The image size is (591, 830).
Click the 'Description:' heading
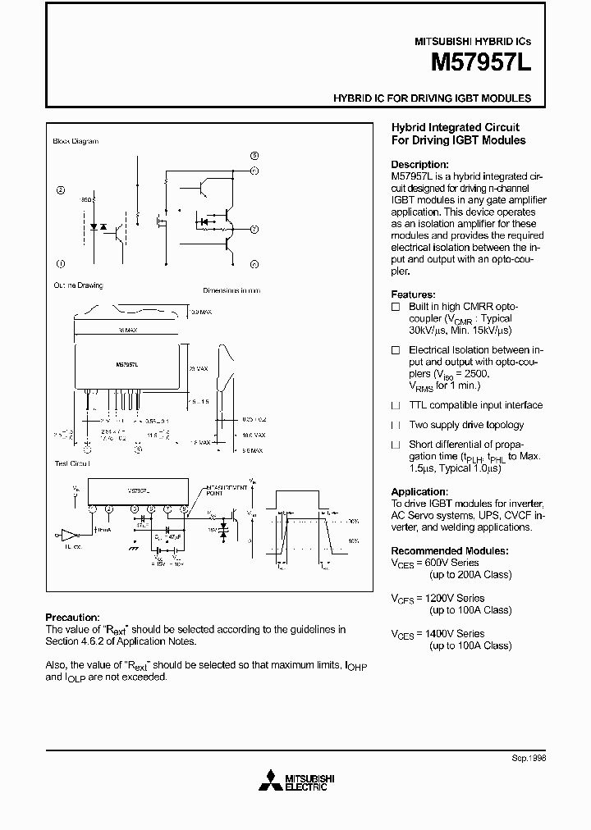coord(419,164)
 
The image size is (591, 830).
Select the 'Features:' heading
coord(413,294)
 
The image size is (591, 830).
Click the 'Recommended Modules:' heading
coord(449,550)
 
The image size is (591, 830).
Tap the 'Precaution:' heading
coord(72,618)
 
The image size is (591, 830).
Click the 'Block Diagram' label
coord(76,141)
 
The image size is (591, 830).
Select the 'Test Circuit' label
coord(72,463)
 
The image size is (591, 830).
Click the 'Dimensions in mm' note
coord(231,290)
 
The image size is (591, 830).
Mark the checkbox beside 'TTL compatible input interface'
coord(396,405)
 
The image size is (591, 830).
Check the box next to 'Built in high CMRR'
coord(396,306)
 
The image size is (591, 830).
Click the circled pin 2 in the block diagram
coord(61,190)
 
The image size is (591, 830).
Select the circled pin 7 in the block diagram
coord(254,229)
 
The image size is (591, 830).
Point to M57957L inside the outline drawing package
coord(126,362)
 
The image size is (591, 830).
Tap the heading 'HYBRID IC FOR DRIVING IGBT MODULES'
coord(432,98)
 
